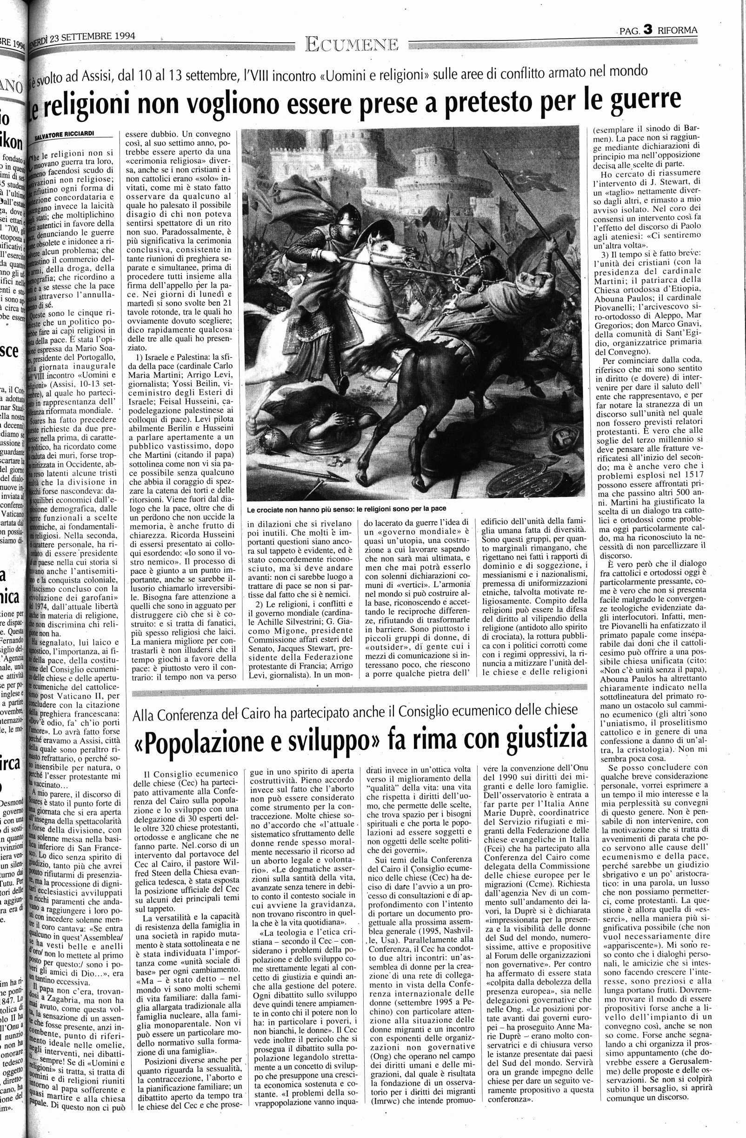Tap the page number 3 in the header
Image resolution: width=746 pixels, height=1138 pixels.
click(647, 30)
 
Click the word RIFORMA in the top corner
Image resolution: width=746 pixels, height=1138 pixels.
click(677, 31)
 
